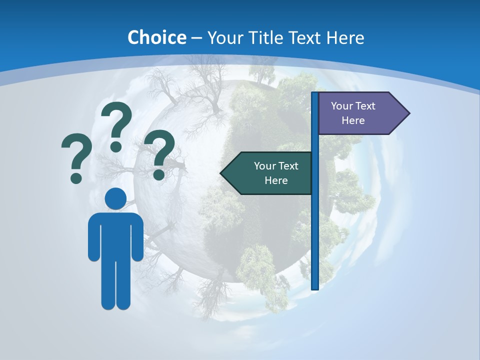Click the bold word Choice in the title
(156, 37)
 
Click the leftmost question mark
(76, 155)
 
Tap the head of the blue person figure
(115, 198)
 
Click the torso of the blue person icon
(115, 235)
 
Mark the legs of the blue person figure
(115, 285)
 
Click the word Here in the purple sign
(353, 120)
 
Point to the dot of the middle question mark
(116, 146)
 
